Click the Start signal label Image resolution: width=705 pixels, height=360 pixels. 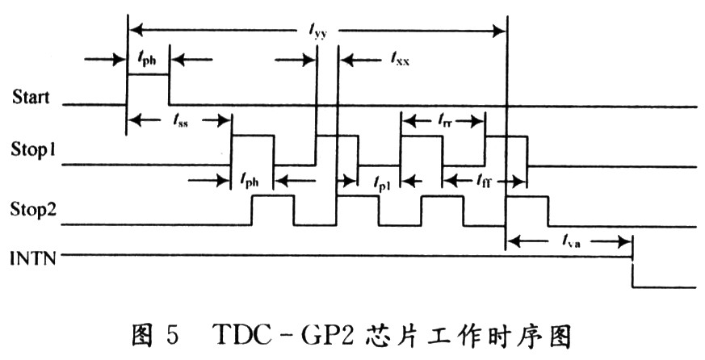31,98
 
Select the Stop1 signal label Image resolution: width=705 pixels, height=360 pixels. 31,149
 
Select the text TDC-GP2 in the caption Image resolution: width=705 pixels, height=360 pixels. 266,334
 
